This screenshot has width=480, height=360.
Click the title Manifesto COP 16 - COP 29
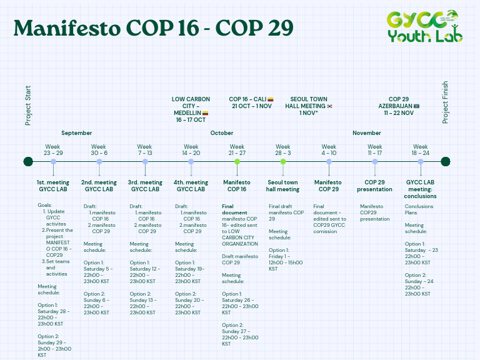click(153, 27)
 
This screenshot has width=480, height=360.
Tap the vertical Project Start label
click(28, 105)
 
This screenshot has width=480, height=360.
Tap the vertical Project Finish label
click(446, 102)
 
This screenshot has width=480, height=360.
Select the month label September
click(77, 133)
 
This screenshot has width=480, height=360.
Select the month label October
click(222, 133)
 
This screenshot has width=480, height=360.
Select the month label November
click(367, 133)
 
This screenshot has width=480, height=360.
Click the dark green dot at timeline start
click(28, 162)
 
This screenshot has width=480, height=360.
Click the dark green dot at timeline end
click(445, 162)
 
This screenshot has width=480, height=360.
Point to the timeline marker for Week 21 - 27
click(237, 162)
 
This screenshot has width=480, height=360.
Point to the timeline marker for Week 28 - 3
click(283, 162)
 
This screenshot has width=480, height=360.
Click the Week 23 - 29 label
click(52, 150)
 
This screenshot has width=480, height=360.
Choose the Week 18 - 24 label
click(421, 150)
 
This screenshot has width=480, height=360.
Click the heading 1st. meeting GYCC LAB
click(53, 186)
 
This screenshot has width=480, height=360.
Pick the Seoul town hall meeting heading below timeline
click(283, 186)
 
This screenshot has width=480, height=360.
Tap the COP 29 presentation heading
click(374, 186)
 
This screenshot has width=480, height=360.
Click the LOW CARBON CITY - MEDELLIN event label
click(191, 109)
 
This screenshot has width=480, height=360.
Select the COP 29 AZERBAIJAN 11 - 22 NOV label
click(399, 106)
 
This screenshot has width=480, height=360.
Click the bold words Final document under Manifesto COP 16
click(236, 209)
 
